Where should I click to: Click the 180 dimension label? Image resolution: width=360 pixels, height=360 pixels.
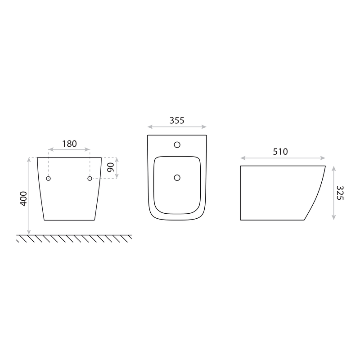pyautogui.click(x=69, y=144)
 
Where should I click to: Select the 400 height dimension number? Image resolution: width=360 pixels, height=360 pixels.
pyautogui.click(x=23, y=199)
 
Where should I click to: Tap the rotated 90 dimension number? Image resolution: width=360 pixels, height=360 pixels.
pyautogui.click(x=110, y=167)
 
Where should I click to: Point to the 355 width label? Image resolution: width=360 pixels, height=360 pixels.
pyautogui.click(x=177, y=121)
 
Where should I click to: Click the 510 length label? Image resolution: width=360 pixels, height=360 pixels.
pyautogui.click(x=280, y=152)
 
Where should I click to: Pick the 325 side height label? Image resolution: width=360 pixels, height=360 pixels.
pyautogui.click(x=340, y=193)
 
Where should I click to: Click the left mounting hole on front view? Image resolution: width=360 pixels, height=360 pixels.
pyautogui.click(x=48, y=178)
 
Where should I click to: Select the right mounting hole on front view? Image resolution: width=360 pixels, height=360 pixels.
pyautogui.click(x=90, y=178)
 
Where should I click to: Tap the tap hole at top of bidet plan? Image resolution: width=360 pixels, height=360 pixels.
pyautogui.click(x=177, y=144)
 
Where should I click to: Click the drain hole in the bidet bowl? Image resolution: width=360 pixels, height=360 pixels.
pyautogui.click(x=177, y=177)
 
